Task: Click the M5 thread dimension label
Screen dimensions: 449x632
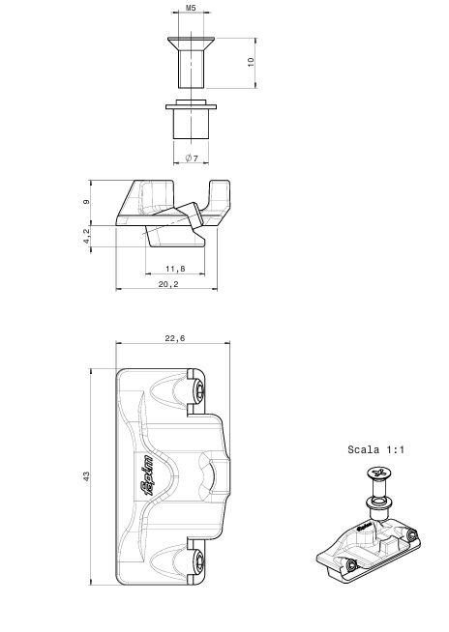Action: (x=191, y=8)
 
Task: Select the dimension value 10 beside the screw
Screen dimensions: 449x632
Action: (x=251, y=62)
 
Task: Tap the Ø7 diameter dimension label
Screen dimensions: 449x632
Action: (x=192, y=158)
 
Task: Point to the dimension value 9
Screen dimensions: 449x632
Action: (x=87, y=202)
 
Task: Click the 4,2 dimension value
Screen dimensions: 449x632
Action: (x=86, y=236)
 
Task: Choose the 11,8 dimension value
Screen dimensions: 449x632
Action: (x=175, y=269)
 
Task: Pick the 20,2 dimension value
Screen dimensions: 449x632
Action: (x=168, y=284)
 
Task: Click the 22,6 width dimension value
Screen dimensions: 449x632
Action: (x=175, y=338)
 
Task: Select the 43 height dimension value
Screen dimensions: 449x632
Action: (x=86, y=476)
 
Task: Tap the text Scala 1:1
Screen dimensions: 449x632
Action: (x=375, y=449)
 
